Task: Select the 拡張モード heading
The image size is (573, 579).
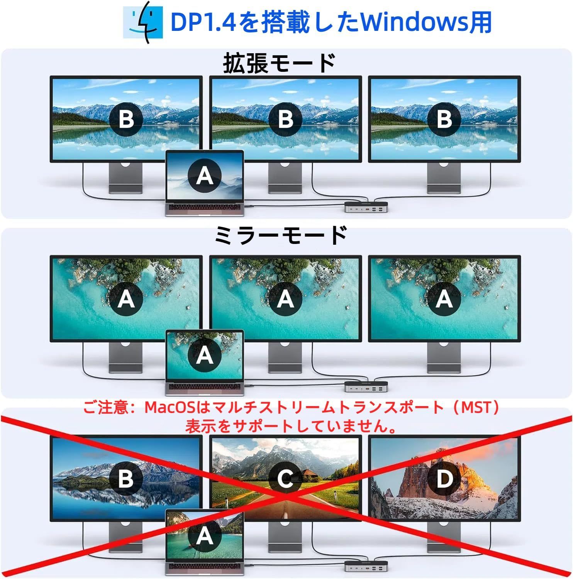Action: [x=279, y=63]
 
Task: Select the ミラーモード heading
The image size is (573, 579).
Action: [x=281, y=235]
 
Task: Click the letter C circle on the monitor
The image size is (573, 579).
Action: [x=285, y=479]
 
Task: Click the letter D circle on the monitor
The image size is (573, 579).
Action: [x=444, y=479]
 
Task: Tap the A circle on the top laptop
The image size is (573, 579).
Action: [x=205, y=176]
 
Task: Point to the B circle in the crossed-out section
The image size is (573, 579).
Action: [x=126, y=479]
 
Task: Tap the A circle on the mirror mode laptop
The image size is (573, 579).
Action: [x=205, y=355]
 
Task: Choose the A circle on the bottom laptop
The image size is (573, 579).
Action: [x=205, y=535]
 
